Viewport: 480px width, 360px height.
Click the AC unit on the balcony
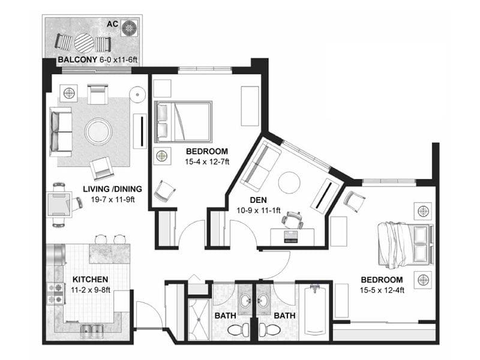130,28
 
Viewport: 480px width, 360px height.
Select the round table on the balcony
83,43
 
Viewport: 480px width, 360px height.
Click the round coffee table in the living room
98,131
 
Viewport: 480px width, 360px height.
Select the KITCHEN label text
90,280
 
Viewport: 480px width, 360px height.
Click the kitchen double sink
92,328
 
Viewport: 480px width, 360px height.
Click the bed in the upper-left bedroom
183,122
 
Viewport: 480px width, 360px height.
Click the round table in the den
289,182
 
